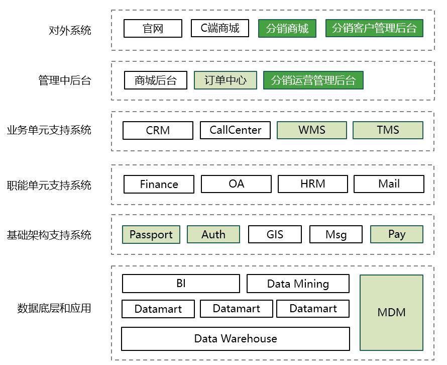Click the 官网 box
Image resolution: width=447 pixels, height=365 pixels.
point(153,28)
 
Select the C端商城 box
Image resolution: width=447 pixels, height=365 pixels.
point(220,28)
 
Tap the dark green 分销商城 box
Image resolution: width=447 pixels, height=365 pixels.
point(287,28)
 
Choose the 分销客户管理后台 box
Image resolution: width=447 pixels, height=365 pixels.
point(374,28)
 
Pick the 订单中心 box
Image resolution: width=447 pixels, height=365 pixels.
point(226,80)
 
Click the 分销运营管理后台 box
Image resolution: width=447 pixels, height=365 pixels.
point(313,80)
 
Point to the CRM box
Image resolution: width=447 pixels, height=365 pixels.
point(158,130)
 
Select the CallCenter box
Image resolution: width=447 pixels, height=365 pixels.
point(235,130)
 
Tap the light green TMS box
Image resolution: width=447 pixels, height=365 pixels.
point(388,130)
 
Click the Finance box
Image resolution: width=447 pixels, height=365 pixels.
point(159,184)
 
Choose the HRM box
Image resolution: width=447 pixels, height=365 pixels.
point(312,184)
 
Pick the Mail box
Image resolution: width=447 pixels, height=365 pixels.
point(389,184)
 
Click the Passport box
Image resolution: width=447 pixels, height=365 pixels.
point(151,234)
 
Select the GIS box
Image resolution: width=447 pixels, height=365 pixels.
point(275,234)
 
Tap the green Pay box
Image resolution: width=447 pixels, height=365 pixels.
point(396,234)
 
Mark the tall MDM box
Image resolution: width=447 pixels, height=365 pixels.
point(391,312)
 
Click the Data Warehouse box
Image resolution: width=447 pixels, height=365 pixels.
point(235,338)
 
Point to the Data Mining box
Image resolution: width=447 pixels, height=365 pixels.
point(298,284)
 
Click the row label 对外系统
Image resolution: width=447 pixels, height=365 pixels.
point(70,30)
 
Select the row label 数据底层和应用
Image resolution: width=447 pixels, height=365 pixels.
point(54,308)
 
